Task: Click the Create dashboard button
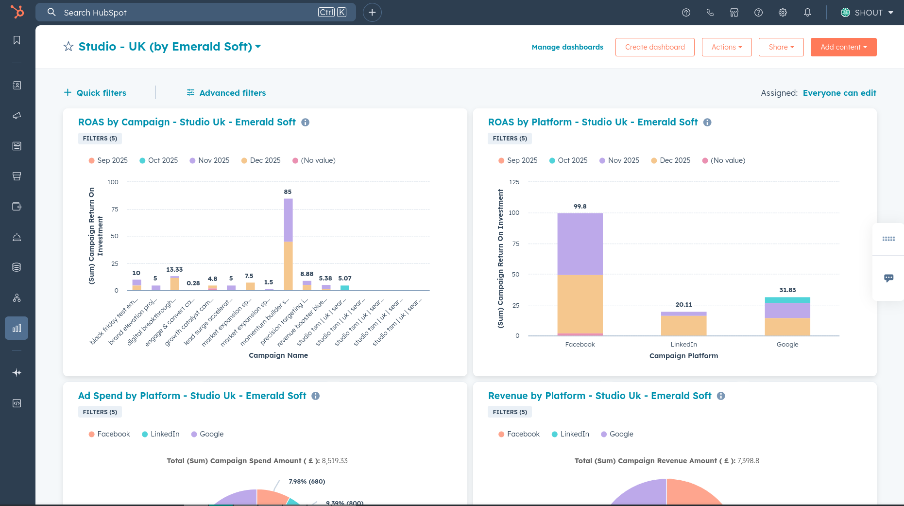coord(654,47)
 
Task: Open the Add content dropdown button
coord(843,47)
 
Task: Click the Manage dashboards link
coord(567,47)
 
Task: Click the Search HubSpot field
coord(189,13)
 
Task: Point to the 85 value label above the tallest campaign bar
coord(288,192)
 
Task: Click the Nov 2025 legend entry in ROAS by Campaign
coord(209,160)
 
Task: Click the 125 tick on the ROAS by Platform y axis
coord(514,182)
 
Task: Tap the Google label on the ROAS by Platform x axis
coord(787,345)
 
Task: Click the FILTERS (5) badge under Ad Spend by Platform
coord(100,412)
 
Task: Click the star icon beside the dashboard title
coord(68,47)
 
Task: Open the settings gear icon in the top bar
coord(783,13)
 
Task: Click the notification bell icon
coord(807,13)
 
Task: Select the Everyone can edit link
coord(839,93)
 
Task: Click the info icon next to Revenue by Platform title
coord(721,396)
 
